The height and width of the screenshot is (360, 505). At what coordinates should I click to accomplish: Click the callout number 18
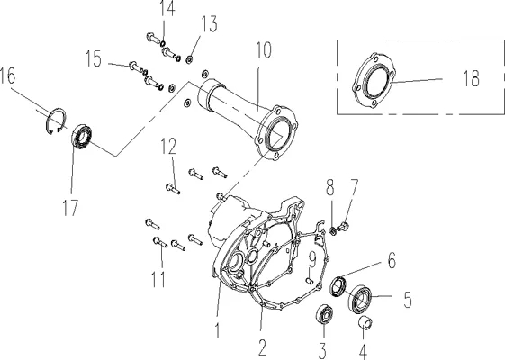click(471, 78)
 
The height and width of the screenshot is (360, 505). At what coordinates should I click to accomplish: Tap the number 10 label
click(264, 50)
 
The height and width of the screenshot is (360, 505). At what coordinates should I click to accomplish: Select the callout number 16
click(7, 76)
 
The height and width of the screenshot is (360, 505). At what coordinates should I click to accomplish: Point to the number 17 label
click(70, 208)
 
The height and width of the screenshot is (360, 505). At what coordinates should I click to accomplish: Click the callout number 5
click(408, 300)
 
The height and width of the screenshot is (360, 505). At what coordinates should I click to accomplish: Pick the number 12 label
click(168, 146)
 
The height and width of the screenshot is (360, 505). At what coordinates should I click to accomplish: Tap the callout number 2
click(262, 347)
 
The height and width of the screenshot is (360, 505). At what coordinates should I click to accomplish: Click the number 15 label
click(94, 58)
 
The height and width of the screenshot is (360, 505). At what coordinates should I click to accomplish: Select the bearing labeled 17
click(82, 138)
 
